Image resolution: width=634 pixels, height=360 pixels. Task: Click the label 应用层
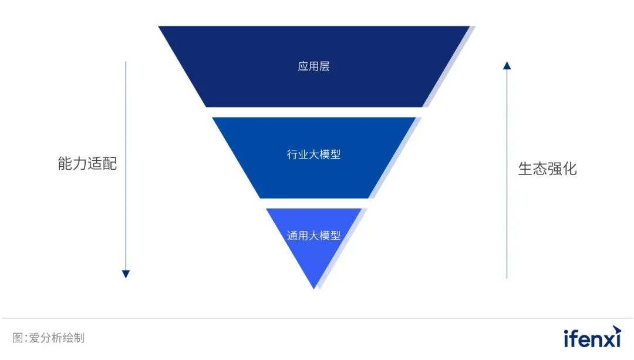313,66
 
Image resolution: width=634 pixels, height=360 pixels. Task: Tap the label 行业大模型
313,155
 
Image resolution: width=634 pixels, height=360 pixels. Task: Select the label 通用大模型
313,236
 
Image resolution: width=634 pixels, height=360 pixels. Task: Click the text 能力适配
87,164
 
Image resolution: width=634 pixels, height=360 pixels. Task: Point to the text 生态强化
547,169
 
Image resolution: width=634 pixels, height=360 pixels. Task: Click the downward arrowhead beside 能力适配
126,274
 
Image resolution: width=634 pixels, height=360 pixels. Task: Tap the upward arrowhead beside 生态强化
507,65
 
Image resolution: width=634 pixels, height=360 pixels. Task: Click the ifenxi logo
592,337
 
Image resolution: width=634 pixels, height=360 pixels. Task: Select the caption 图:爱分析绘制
49,338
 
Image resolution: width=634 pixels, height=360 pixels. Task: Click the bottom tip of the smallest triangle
315,287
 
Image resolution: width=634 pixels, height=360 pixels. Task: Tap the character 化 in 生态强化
570,169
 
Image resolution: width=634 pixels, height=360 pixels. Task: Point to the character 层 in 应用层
324,66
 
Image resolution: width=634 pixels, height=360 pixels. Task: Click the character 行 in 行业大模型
292,155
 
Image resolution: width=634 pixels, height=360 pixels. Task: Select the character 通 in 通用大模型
292,236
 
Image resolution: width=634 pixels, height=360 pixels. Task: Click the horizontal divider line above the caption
317,318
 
